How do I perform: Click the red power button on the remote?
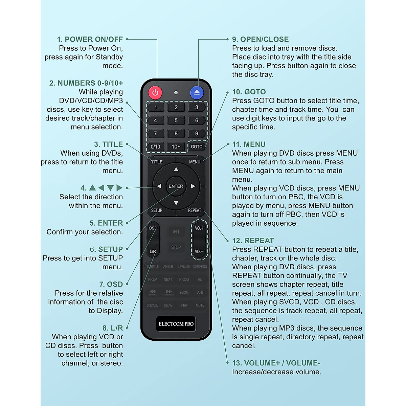tap(155, 92)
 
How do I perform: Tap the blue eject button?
tap(197, 92)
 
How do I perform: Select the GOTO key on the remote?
tap(197, 146)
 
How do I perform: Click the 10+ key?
tap(176, 146)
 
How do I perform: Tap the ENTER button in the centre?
tap(176, 186)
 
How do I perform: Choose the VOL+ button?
tap(199, 228)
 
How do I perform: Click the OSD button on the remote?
tap(153, 228)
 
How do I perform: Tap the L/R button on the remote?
tap(153, 251)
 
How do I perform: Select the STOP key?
tap(176, 247)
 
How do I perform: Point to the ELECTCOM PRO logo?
tap(176, 324)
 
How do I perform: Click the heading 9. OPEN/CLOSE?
tap(260, 39)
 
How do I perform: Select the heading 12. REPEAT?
tap(253, 241)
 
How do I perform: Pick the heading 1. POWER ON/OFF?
tap(90, 39)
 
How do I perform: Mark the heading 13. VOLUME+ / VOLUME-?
tap(276, 363)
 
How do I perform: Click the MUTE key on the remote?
tap(200, 305)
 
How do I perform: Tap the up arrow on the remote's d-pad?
tap(176, 170)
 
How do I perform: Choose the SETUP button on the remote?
tap(157, 210)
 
